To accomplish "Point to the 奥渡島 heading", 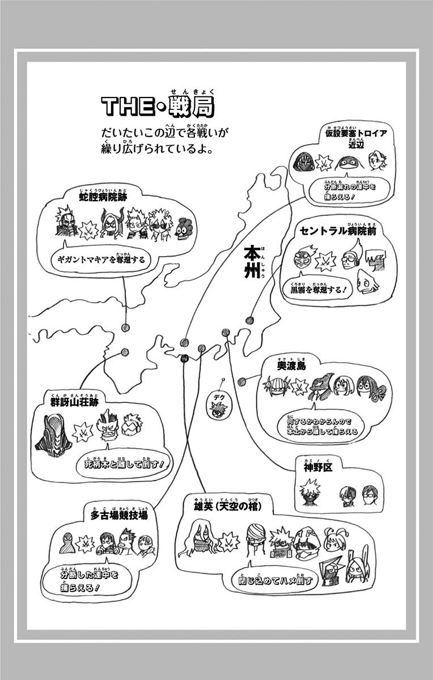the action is (x=292, y=367).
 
